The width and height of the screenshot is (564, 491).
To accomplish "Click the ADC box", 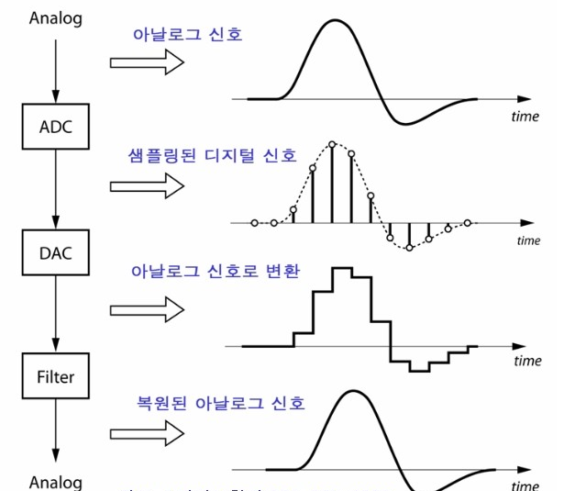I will (55, 127).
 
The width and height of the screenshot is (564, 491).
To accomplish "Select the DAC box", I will (55, 251).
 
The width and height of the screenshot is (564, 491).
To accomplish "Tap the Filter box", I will (55, 376).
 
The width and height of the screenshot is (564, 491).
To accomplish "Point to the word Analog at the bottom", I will (55, 482).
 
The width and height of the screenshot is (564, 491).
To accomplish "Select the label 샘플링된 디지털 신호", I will (214, 154).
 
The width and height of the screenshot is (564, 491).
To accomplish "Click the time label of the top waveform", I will (525, 117).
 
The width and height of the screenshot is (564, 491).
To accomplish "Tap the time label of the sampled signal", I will (528, 240).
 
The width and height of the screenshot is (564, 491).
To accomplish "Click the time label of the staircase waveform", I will (527, 361).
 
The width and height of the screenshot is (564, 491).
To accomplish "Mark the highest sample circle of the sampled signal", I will (332, 144).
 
